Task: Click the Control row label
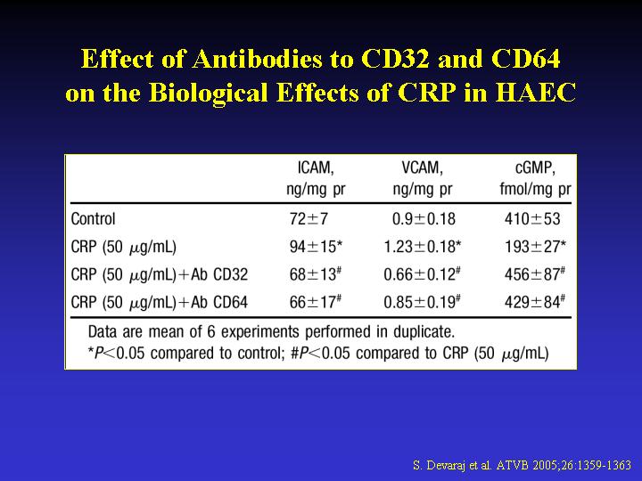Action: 94,219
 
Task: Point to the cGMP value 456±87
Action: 533,274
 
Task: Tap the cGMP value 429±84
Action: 533,302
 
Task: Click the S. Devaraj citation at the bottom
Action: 522,465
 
